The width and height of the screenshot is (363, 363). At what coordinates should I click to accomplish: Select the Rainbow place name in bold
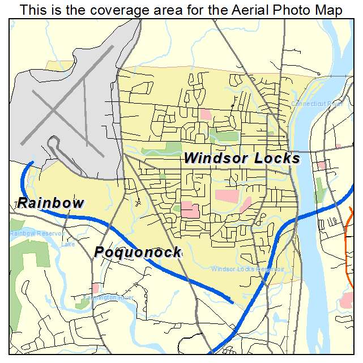point(50,203)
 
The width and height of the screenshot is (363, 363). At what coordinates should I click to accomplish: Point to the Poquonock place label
point(138,252)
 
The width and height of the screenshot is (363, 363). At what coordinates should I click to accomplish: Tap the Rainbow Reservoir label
point(36,233)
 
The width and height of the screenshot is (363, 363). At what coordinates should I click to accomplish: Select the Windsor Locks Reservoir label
point(247,268)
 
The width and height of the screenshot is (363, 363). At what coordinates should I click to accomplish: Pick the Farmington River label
point(108,297)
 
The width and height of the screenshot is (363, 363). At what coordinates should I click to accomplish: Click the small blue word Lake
point(67,245)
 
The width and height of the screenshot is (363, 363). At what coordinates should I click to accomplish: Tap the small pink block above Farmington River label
point(96,288)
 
